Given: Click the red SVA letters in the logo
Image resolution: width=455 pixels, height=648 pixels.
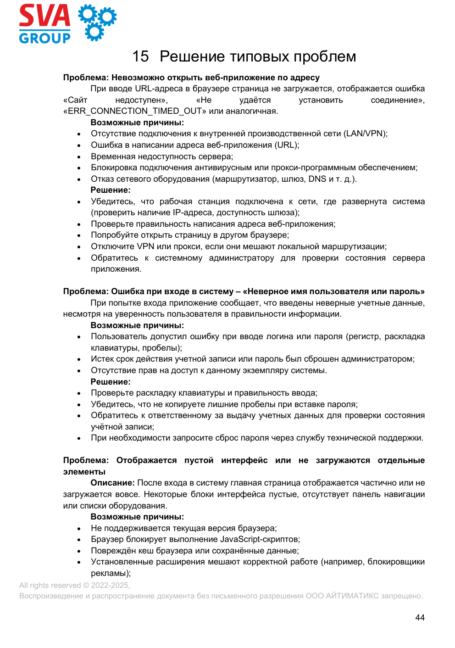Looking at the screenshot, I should point(44,16).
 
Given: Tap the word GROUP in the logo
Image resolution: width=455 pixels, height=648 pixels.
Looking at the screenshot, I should point(44,38).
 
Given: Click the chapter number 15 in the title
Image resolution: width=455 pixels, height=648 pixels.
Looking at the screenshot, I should point(140,56).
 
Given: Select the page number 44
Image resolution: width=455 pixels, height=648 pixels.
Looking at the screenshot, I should point(420,618).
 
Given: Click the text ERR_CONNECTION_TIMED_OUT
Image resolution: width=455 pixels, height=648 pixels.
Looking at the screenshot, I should point(135,111).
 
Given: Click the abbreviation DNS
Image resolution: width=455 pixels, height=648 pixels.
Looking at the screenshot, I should point(317,179).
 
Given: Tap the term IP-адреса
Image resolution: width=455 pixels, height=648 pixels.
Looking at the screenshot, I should point(193,212).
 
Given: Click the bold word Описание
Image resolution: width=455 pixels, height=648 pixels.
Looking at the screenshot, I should point(112,483).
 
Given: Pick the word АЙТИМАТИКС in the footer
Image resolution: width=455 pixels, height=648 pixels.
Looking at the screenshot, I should point(352,596).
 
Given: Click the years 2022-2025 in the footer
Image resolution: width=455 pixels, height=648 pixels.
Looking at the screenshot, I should point(110,585).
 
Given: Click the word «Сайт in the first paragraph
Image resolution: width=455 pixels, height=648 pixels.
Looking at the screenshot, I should point(75,100).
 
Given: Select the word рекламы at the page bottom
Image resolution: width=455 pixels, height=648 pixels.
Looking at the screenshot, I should point(110,573).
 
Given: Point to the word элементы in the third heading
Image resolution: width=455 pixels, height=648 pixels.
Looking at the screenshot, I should point(84,472).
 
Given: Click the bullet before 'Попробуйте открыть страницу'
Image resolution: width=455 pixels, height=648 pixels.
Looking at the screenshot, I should point(79,235).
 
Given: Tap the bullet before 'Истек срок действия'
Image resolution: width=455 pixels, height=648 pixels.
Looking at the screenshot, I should point(79,359).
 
